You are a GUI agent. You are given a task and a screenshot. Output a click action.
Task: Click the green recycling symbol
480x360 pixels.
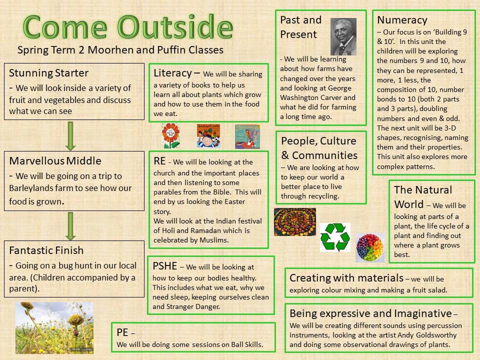335,237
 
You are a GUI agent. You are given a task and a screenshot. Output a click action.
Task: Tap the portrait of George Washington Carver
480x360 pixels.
343,36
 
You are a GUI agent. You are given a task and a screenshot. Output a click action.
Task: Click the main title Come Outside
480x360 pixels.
128,27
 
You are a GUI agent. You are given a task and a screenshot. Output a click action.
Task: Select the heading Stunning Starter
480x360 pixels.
48,73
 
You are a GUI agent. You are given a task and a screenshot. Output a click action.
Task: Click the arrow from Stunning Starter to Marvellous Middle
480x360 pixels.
70,136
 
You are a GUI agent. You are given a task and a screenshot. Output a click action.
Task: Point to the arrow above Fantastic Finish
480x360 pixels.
70,226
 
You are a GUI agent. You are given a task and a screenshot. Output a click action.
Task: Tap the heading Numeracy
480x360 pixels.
402,20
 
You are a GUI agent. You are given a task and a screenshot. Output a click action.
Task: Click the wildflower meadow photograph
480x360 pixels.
54,328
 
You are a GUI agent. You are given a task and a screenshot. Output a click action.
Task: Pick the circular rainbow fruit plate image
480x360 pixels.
370,247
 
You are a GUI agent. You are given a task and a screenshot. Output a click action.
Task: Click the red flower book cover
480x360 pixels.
171,136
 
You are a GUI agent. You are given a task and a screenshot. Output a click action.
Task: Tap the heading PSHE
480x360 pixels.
164,265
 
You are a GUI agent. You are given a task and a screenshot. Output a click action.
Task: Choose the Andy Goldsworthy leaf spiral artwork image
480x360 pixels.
295,222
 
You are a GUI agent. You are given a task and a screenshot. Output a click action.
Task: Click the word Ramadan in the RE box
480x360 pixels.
205,230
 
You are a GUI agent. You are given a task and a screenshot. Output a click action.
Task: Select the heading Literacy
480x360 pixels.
172,73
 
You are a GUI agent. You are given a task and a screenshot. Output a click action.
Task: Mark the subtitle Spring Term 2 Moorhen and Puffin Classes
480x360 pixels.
120,50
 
